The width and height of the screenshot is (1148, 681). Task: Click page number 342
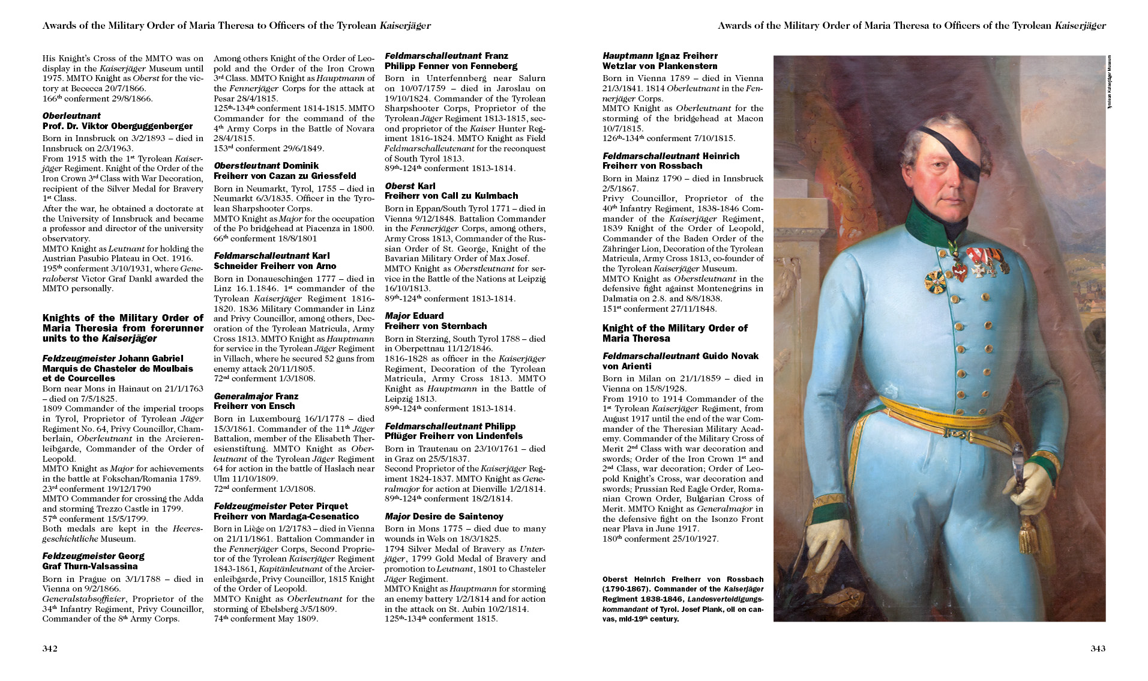click(49, 649)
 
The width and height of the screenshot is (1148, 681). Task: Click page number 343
click(1098, 649)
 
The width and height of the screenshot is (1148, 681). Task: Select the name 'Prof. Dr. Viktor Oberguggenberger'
click(118, 126)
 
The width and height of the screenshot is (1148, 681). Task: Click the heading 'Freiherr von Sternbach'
click(436, 326)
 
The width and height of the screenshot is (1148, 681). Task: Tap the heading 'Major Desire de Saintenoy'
click(444, 516)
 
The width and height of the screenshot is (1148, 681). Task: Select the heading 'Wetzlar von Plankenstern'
click(660, 66)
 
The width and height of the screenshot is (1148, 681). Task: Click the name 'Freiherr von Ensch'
click(254, 406)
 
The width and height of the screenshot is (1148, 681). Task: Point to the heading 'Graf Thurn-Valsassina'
click(90, 566)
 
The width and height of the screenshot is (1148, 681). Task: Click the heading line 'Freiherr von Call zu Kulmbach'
click(451, 196)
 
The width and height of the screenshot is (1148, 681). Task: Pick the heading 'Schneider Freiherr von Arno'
click(275, 266)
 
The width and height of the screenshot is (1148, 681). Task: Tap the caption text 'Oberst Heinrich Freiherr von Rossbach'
click(683, 580)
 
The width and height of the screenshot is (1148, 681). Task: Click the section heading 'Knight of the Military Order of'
click(675, 328)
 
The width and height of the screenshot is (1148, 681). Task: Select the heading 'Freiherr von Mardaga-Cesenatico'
click(286, 516)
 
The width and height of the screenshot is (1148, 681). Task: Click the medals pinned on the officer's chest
click(972, 264)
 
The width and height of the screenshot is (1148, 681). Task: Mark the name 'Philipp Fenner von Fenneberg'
click(451, 66)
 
